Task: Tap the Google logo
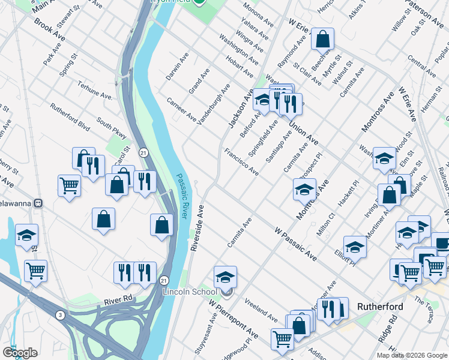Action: [x=19, y=353]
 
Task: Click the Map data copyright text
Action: [x=412, y=355]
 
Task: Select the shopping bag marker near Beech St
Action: [x=322, y=40]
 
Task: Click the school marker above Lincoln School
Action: [x=225, y=277]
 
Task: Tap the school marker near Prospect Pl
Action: [x=304, y=190]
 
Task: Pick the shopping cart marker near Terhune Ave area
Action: [x=69, y=185]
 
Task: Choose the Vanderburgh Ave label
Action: [x=214, y=103]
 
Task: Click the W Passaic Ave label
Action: [x=295, y=244]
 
